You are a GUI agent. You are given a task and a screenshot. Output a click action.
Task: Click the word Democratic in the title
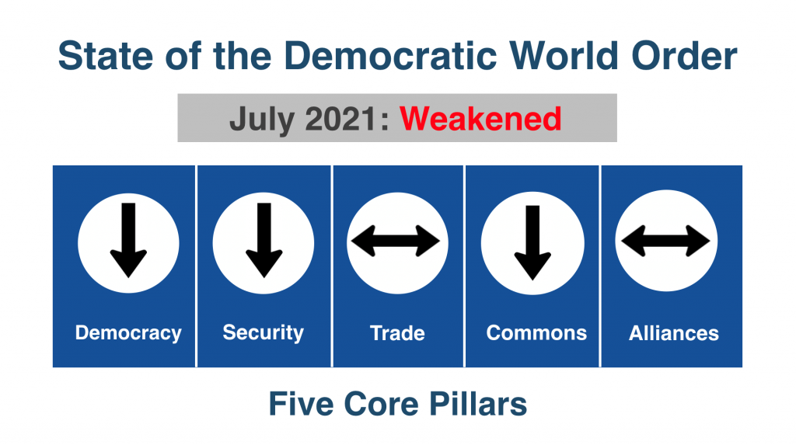[390, 55]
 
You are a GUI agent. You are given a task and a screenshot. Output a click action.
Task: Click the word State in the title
[105, 55]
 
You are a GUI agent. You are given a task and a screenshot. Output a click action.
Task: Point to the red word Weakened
[480, 119]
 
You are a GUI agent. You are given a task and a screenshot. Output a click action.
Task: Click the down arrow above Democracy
[128, 240]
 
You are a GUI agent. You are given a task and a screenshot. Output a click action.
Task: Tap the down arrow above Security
[264, 240]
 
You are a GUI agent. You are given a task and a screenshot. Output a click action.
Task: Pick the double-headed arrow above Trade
[396, 241]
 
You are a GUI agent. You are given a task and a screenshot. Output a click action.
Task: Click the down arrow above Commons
[532, 242]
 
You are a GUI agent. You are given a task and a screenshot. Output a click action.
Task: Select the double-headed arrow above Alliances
[665, 241]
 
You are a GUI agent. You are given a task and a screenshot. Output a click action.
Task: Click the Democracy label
[128, 333]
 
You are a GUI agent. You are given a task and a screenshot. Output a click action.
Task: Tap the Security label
[263, 333]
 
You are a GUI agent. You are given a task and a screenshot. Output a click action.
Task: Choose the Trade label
[397, 333]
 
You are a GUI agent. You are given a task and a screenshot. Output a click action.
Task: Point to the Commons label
[536, 333]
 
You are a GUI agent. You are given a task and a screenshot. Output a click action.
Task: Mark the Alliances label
[674, 333]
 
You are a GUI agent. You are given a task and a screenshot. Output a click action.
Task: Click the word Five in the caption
[301, 404]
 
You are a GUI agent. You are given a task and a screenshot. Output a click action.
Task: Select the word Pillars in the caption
[478, 404]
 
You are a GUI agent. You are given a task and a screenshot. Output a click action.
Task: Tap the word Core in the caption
[381, 404]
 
